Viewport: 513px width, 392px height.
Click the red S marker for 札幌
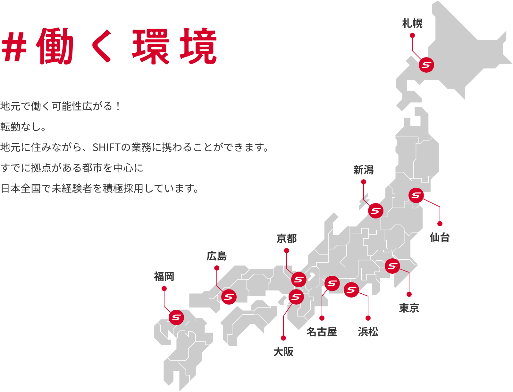[426, 65]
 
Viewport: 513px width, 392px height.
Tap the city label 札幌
[412, 23]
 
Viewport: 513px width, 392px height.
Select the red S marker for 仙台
[416, 195]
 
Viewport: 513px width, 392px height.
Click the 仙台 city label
[440, 237]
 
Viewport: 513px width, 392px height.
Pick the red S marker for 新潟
[376, 211]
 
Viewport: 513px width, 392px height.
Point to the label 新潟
[363, 170]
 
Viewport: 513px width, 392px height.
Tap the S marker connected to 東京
[392, 266]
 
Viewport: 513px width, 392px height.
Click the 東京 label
[409, 308]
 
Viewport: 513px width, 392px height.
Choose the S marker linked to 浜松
[351, 290]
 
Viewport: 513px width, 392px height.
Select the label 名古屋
[322, 332]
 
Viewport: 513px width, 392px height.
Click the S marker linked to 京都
[299, 280]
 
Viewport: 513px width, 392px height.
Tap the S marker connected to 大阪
[296, 297]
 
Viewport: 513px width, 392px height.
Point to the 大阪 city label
[283, 352]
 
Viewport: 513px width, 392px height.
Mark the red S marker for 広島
[229, 297]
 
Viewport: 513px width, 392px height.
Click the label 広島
[216, 256]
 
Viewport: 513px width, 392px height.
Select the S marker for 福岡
[176, 317]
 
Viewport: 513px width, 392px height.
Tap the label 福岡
[164, 276]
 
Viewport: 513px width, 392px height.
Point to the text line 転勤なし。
[23, 127]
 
